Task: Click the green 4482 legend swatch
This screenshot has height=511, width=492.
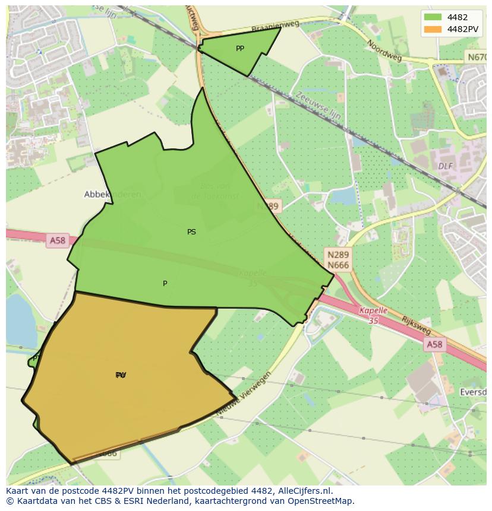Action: (433, 17)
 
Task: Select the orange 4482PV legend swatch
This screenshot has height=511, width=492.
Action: (433, 29)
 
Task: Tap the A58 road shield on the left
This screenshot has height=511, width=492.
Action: (58, 240)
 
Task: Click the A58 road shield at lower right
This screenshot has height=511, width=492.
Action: (434, 345)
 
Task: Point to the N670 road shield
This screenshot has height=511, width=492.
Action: (477, 58)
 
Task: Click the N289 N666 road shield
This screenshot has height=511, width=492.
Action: (338, 259)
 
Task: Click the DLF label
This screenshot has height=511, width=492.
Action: (446, 166)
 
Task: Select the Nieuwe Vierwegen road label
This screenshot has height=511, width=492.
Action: (244, 395)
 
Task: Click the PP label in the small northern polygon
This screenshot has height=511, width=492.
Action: (239, 49)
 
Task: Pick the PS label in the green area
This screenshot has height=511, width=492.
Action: (191, 232)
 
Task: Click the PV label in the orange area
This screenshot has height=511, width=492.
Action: (121, 375)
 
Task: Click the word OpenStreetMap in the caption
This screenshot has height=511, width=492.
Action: (323, 502)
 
